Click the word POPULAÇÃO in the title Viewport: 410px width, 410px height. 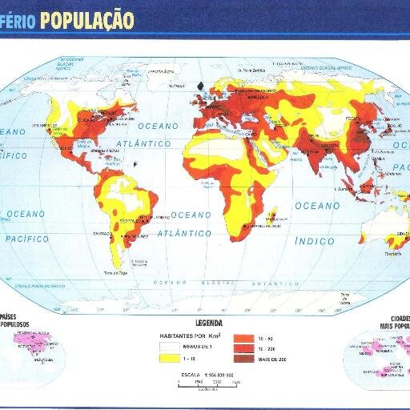[86, 18]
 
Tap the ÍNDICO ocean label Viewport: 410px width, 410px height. [315, 240]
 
